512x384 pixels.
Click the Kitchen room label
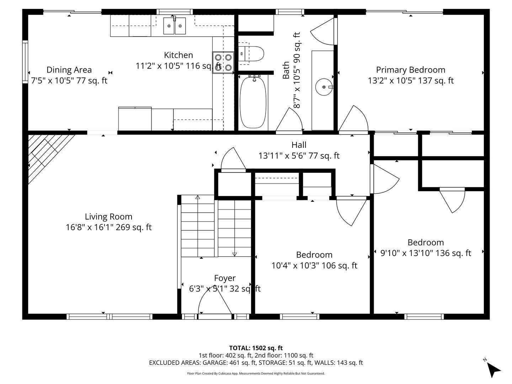178,55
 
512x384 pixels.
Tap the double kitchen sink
174,26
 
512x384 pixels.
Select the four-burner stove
223,62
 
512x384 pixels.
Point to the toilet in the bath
251,54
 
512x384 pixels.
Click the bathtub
253,102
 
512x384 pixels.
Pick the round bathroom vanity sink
324,87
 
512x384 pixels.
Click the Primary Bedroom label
410,70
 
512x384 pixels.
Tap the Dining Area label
69,70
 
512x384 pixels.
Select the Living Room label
108,217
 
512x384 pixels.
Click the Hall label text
299,145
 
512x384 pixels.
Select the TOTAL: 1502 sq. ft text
256,348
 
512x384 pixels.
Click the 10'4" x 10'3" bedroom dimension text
314,266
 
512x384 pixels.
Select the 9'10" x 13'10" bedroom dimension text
426,253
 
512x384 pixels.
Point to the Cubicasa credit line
256,373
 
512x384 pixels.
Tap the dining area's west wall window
25,62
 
